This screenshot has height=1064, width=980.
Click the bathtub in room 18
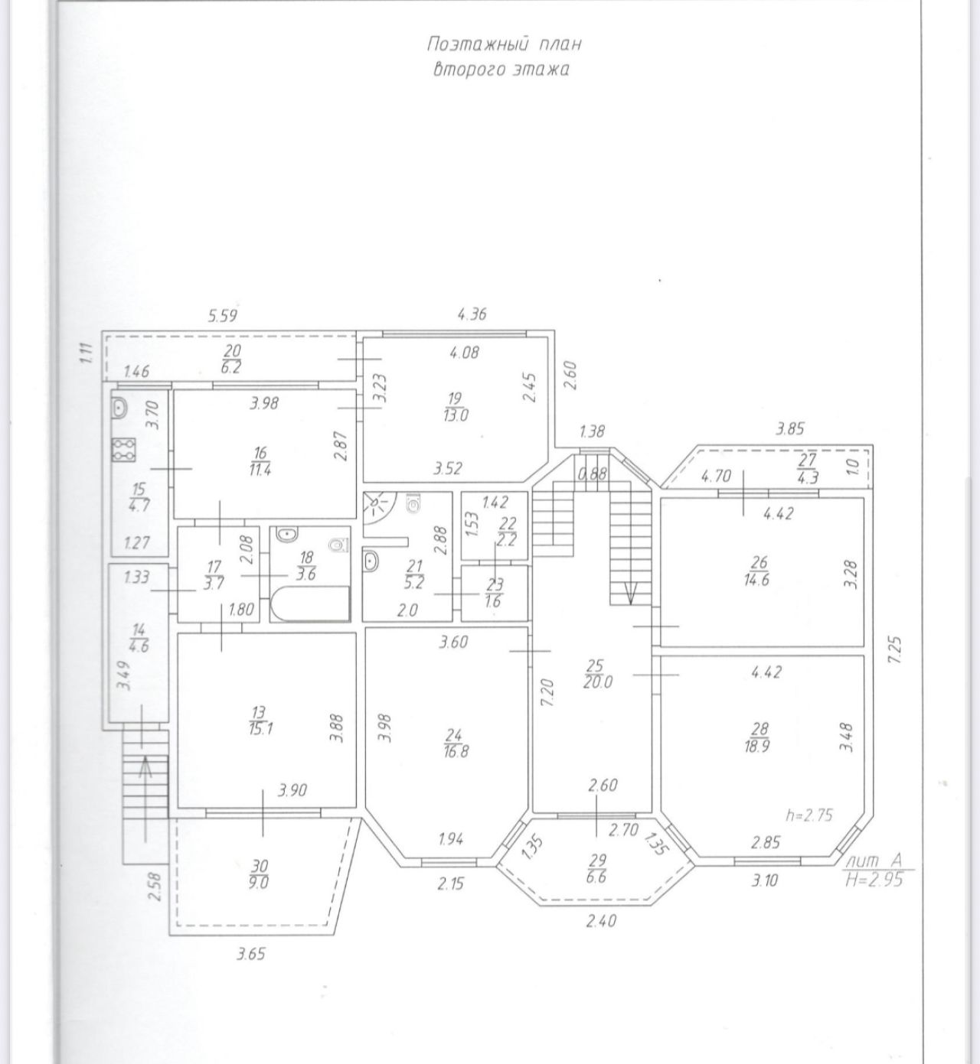point(310,604)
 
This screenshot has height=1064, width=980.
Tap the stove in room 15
point(124,449)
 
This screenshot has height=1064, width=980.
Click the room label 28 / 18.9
point(757,738)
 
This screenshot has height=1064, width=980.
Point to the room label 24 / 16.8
point(456,743)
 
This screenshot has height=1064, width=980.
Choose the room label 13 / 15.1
point(260,721)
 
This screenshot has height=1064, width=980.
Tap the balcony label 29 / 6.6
point(598,868)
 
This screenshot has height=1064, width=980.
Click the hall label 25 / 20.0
point(598,673)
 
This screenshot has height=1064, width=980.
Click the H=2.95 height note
point(874,881)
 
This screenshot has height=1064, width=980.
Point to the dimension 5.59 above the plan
point(223,316)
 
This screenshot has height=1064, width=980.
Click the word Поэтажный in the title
point(478,44)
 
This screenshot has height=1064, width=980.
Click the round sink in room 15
point(120,408)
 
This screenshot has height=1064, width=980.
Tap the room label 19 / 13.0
point(456,406)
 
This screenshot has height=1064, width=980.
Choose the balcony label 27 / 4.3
point(807,468)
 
